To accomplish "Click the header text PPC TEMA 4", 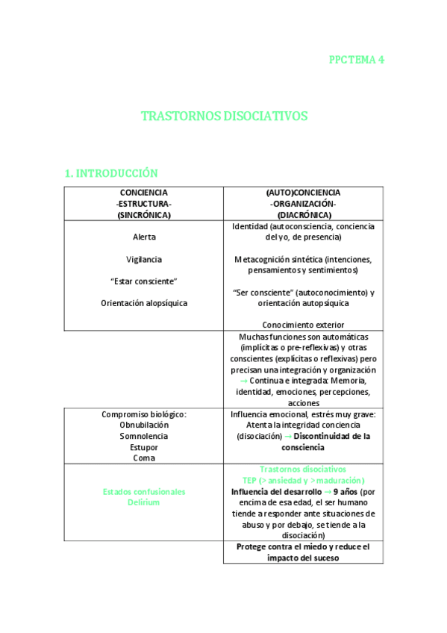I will [x=356, y=60].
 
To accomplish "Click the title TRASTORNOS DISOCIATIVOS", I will [x=224, y=116].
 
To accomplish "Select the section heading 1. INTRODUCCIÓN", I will [x=112, y=173].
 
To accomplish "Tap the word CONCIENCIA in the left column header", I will [x=144, y=192].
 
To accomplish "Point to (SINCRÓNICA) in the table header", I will [x=144, y=214].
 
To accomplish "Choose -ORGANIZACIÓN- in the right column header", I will [x=303, y=203].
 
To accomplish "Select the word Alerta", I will [x=144, y=237].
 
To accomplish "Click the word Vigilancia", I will [x=144, y=259].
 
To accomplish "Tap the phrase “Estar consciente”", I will [x=144, y=281].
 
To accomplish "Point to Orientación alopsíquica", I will [x=144, y=303].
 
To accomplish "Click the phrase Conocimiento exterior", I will [x=303, y=325].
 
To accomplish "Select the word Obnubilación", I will [x=144, y=424].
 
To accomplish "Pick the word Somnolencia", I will [x=144, y=435].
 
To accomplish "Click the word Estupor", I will [x=144, y=446].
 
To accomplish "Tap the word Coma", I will [x=144, y=458].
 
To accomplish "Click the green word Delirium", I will [x=144, y=502].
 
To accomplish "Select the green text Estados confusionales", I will [x=144, y=491].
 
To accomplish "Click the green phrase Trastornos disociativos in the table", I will [x=303, y=469].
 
